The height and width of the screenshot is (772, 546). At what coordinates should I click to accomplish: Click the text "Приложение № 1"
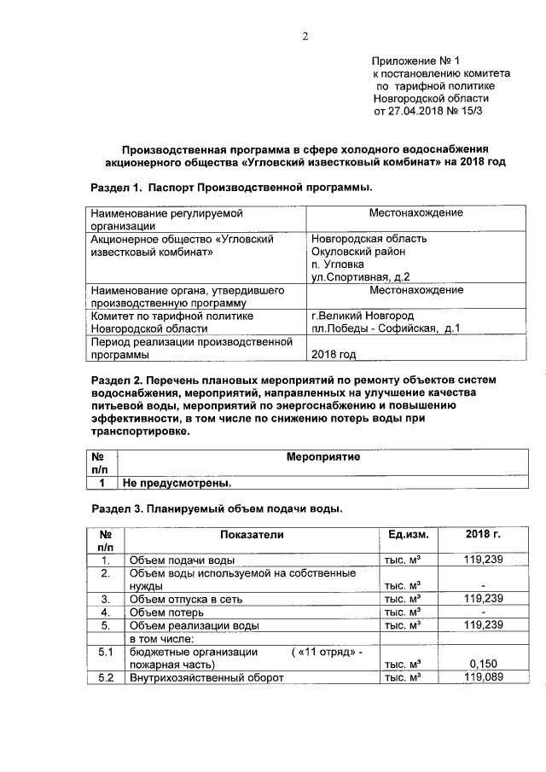(415, 61)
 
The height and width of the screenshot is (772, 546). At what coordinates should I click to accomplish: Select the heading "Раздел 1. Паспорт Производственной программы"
(231, 186)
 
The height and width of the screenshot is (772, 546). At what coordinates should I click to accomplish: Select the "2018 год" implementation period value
(334, 354)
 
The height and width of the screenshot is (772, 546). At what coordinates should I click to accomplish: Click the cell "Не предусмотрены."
(177, 483)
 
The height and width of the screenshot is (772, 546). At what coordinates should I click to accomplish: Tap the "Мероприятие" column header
(323, 457)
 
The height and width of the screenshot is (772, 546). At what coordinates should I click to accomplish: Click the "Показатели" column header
(251, 534)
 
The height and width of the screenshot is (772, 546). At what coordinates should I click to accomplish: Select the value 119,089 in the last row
(483, 677)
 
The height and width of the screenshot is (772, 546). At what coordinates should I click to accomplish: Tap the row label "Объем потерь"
(166, 612)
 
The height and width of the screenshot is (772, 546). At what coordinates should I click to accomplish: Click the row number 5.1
(106, 652)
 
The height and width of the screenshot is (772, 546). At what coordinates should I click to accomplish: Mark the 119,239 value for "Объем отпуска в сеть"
(483, 599)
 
